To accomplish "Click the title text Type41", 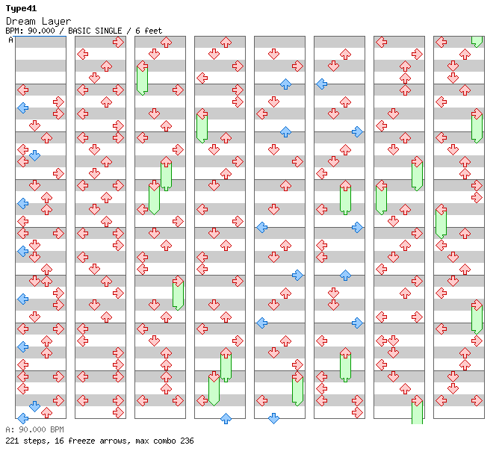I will (x=21, y=8).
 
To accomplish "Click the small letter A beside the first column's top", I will (x=10, y=40).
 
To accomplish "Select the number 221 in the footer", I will (x=13, y=441).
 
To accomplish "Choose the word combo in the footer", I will (x=164, y=441).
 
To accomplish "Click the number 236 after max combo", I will (x=187, y=441).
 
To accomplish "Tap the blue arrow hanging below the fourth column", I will (x=226, y=418).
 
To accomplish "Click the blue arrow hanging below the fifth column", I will (x=273, y=418).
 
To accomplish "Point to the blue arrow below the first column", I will (x=22, y=418).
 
